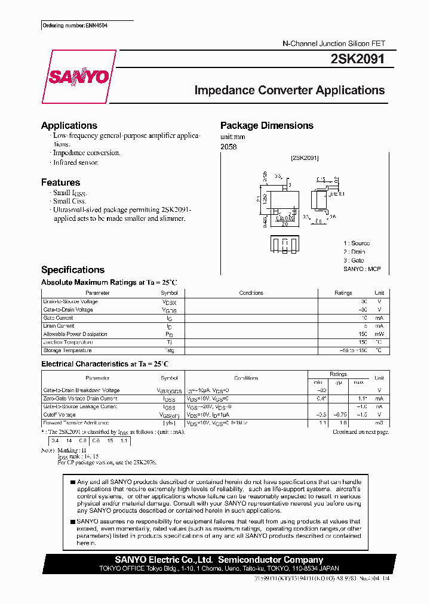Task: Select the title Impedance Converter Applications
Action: (290, 91)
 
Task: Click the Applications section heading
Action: (69, 125)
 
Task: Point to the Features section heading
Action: (60, 183)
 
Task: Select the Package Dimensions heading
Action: (266, 125)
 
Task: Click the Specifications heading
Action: (73, 270)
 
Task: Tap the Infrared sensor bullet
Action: (75, 162)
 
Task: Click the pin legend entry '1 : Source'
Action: (357, 244)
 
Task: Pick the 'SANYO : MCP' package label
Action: (362, 269)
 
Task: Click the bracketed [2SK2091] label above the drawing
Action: (305, 158)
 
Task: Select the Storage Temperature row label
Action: (67, 350)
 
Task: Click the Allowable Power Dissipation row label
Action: (75, 334)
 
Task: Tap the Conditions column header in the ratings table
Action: (251, 293)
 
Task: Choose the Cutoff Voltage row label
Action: (60, 414)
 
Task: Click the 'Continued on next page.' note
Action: (361, 432)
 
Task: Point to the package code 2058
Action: (228, 146)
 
